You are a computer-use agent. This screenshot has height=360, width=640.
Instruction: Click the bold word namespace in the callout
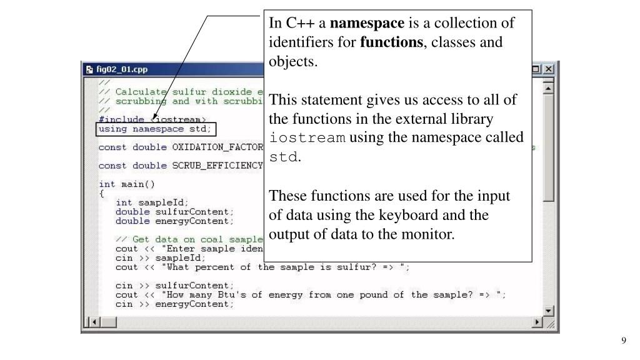367,24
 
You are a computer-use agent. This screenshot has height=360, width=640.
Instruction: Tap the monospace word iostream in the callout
307,138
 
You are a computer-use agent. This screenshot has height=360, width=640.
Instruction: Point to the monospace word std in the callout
284,157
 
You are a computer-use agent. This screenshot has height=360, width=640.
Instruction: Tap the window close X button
549,69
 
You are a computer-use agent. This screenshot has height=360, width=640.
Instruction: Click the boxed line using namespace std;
156,129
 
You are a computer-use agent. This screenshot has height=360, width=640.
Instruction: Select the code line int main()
127,184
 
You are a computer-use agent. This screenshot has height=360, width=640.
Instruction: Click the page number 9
623,340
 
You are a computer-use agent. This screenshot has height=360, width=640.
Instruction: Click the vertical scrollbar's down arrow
549,311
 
